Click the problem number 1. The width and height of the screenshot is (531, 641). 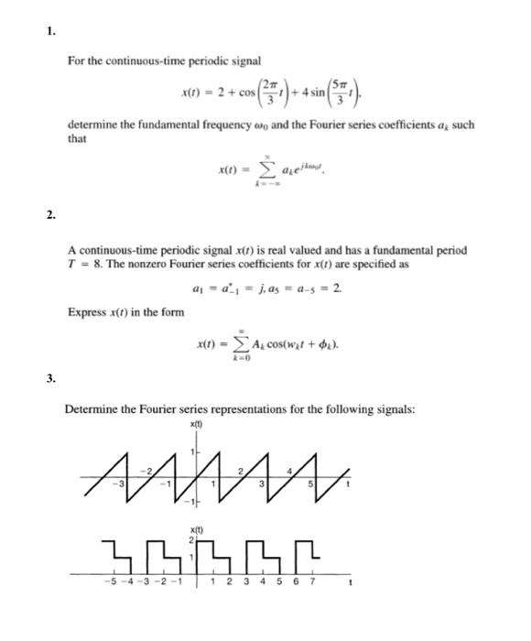pos(50,32)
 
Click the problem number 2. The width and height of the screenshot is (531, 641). pos(50,215)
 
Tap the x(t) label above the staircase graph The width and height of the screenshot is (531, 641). pos(195,529)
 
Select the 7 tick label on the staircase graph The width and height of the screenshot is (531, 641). pos(312,580)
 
